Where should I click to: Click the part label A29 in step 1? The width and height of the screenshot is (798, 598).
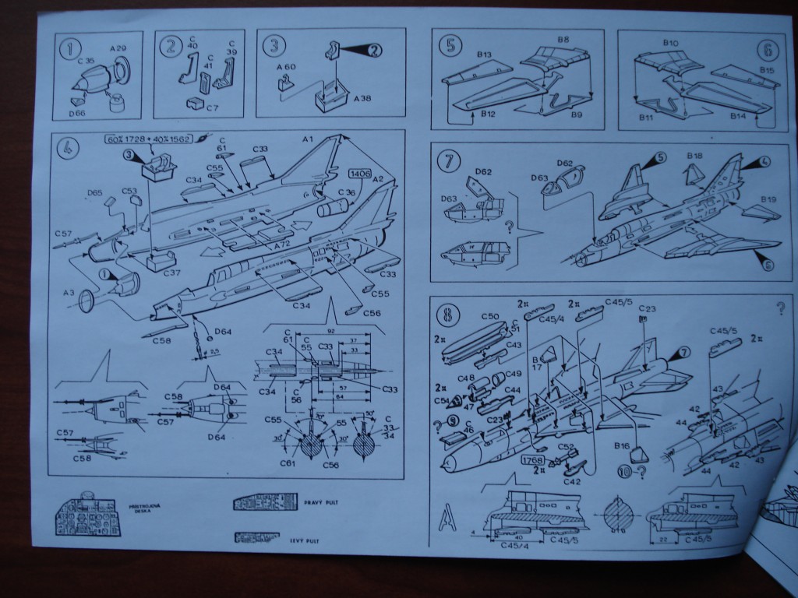click(118, 48)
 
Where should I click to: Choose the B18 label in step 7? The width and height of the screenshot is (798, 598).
click(696, 157)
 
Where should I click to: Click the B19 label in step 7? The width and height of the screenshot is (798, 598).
click(767, 198)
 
